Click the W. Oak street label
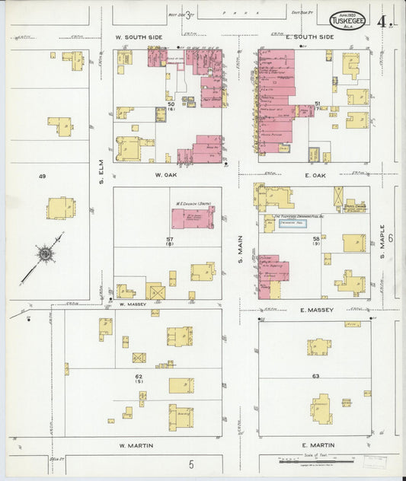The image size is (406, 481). [x=166, y=175]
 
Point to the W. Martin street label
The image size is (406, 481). [x=137, y=444]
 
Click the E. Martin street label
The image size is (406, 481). [x=313, y=444]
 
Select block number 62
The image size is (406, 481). [x=139, y=377]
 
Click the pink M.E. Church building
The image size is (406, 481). [x=192, y=217]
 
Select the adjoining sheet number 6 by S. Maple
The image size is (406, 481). [x=389, y=238]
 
